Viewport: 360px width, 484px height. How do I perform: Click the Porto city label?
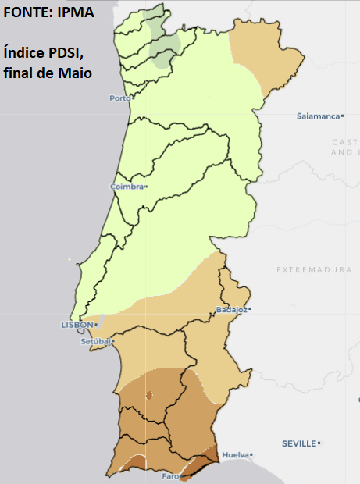pyautogui.click(x=119, y=98)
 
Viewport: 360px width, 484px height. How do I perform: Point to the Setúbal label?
pyautogui.click(x=96, y=341)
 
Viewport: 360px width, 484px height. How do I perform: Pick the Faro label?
pyautogui.click(x=170, y=475)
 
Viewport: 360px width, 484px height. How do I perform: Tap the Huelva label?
pyautogui.click(x=235, y=454)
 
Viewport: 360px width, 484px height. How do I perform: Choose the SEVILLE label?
pyautogui.click(x=299, y=443)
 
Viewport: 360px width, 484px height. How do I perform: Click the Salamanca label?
pyautogui.click(x=318, y=116)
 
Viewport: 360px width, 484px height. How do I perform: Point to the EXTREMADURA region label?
pyautogui.click(x=314, y=269)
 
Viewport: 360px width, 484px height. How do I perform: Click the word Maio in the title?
pyautogui.click(x=77, y=73)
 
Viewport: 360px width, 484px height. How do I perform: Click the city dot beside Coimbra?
pyautogui.click(x=146, y=187)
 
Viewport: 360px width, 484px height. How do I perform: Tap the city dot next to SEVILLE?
pyautogui.click(x=319, y=443)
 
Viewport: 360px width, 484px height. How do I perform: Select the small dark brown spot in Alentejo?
pyautogui.click(x=148, y=396)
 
